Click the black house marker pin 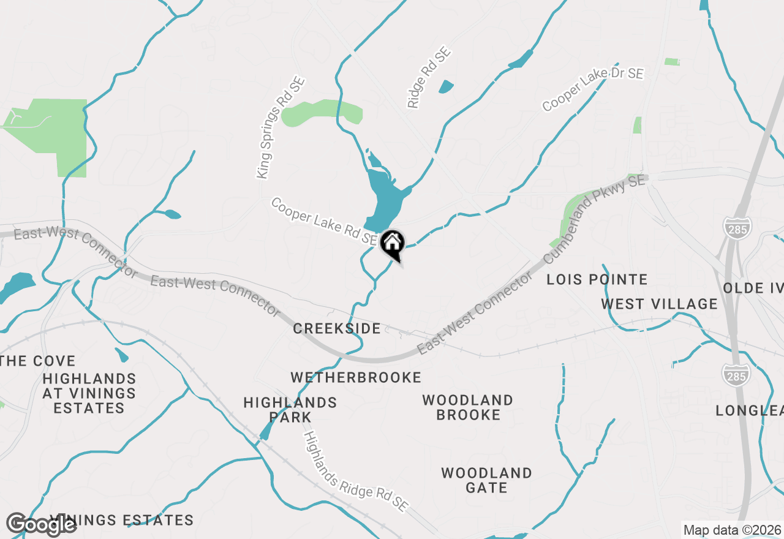[392, 244]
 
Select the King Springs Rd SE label [281, 128]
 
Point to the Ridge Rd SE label [429, 78]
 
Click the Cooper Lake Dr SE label [593, 89]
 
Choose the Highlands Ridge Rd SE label [355, 471]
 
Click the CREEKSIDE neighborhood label [337, 329]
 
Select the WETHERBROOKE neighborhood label [356, 377]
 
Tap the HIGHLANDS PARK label [290, 410]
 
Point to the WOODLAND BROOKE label [468, 407]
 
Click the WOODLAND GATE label [486, 480]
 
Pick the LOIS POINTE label [597, 280]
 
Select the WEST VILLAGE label [659, 304]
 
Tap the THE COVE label [38, 361]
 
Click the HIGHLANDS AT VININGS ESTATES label [89, 393]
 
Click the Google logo [40, 524]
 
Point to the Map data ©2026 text [732, 530]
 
